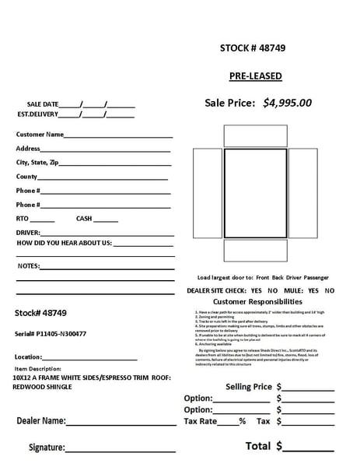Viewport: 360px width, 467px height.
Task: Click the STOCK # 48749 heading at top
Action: pos(253,48)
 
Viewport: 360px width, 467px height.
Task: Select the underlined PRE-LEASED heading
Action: pos(255,76)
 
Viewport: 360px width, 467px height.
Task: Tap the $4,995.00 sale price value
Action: pos(287,103)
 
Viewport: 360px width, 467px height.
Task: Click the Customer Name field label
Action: pos(40,135)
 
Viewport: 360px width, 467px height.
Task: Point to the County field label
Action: pos(26,177)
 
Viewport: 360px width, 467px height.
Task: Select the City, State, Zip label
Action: pos(37,163)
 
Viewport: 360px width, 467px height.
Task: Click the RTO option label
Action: pos(22,219)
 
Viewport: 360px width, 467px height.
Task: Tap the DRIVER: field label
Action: pos(28,233)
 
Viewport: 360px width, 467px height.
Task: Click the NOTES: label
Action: pos(28,266)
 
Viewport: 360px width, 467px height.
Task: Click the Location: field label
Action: pos(28,357)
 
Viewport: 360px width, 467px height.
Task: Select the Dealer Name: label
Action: pos(40,421)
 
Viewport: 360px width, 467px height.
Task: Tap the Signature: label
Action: pos(46,448)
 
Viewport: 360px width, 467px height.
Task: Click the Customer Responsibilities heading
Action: pos(257,301)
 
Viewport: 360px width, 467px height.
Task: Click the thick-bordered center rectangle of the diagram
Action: pos(255,193)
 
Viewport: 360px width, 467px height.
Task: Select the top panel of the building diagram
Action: pos(255,135)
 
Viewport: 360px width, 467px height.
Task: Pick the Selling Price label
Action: pos(248,386)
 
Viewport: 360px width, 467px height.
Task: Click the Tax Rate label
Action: pos(199,421)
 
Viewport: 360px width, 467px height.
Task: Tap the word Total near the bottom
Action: pos(257,446)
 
